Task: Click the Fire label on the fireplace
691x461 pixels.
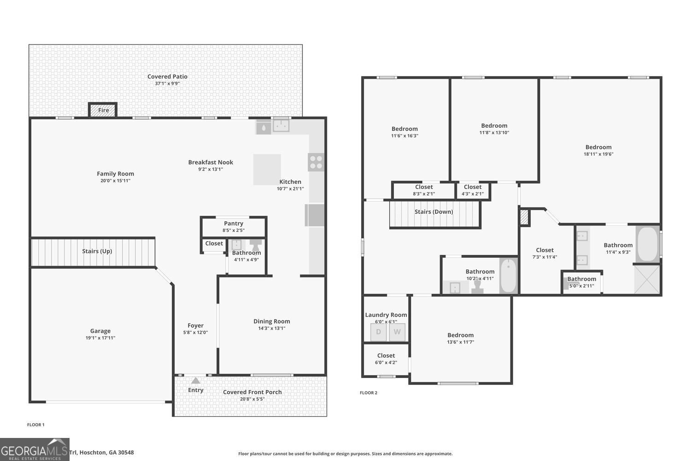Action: (x=103, y=110)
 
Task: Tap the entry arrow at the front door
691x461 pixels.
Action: (x=196, y=380)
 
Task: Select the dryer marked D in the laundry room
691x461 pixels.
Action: (x=378, y=332)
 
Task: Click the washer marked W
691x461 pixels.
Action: (x=397, y=332)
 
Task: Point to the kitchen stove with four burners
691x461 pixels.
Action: (x=316, y=162)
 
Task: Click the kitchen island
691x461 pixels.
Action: (x=267, y=169)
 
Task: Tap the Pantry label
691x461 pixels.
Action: (x=234, y=224)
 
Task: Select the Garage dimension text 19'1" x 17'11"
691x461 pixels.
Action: (x=100, y=338)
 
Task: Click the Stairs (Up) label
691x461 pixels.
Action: (x=97, y=251)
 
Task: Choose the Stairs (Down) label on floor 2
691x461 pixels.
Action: (x=433, y=212)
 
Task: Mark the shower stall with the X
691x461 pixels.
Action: (x=647, y=279)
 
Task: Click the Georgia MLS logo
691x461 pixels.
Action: (x=35, y=449)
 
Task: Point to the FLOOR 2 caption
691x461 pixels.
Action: (x=369, y=393)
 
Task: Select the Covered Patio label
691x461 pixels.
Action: (x=167, y=77)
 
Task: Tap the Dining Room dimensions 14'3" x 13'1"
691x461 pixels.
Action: (x=272, y=329)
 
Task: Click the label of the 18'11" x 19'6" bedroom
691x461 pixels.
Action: (x=598, y=147)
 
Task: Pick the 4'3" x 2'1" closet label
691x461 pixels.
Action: (x=473, y=187)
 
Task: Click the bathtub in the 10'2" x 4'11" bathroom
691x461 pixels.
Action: (x=509, y=276)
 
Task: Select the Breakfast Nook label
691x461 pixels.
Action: (x=211, y=162)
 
